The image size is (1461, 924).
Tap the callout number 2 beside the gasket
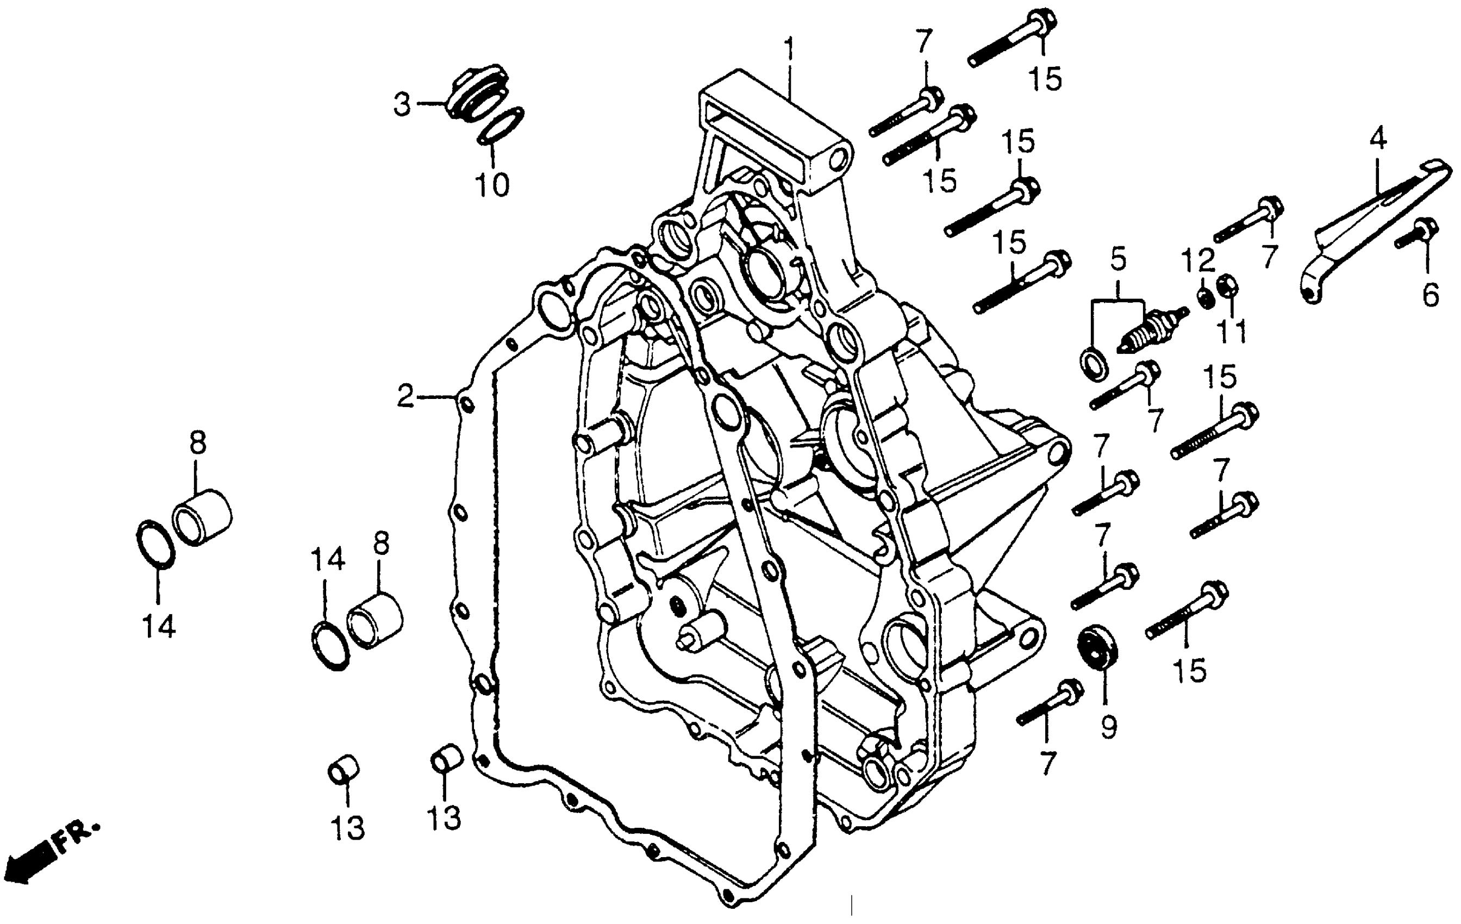(x=405, y=397)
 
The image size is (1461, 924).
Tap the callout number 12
(x=1198, y=261)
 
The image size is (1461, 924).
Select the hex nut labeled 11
(x=1227, y=286)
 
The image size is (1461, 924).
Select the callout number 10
(x=492, y=184)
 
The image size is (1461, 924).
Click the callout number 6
(x=1431, y=296)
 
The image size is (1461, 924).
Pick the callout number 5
(x=1118, y=259)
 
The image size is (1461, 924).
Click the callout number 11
(x=1233, y=330)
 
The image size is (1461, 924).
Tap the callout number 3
(x=402, y=104)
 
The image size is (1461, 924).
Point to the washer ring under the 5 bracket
(x=1095, y=365)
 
